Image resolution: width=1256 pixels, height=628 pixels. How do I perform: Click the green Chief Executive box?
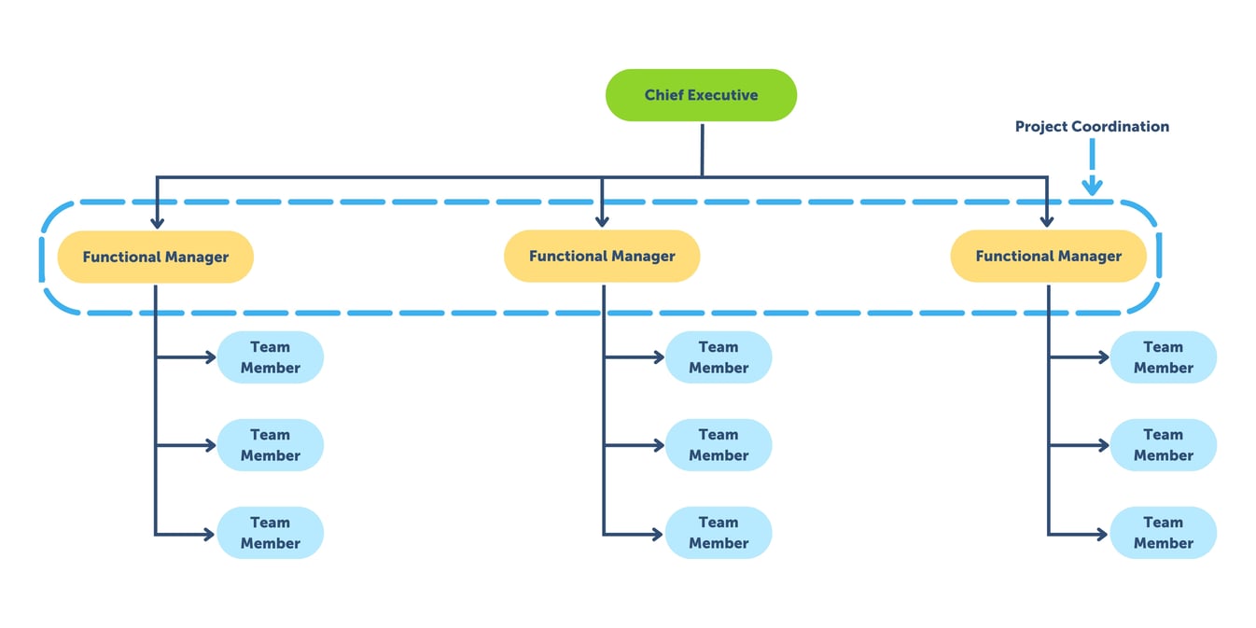[701, 95]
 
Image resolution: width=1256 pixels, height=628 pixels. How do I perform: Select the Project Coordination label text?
[1092, 126]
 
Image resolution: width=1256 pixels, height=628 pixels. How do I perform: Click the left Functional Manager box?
[155, 257]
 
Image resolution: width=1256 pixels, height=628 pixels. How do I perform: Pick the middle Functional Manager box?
[602, 256]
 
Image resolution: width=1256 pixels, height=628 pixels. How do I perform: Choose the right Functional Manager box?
[1048, 256]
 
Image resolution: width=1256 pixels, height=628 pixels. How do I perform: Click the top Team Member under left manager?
[270, 357]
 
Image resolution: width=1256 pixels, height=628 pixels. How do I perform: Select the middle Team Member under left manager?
[270, 445]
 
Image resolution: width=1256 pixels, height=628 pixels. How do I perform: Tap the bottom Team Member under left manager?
[270, 533]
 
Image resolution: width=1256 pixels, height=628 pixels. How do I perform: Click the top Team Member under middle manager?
[719, 357]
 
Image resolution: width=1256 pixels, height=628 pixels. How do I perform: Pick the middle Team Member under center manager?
[719, 445]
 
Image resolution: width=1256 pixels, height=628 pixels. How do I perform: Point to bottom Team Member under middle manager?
[719, 533]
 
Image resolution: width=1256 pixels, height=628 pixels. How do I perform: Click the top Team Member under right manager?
[1163, 357]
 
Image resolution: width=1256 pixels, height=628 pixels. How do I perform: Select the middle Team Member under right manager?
[1163, 445]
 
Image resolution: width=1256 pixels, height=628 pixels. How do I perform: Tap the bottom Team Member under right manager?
[1163, 533]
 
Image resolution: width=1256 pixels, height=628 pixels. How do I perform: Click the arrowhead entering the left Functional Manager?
[157, 222]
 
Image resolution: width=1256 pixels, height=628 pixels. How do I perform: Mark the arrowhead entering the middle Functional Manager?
[602, 222]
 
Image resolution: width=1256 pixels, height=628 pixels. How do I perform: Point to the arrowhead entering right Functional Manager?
[1047, 222]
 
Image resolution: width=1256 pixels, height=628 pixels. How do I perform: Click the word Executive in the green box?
[726, 95]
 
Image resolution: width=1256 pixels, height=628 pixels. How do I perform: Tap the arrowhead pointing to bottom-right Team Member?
[1102, 534]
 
